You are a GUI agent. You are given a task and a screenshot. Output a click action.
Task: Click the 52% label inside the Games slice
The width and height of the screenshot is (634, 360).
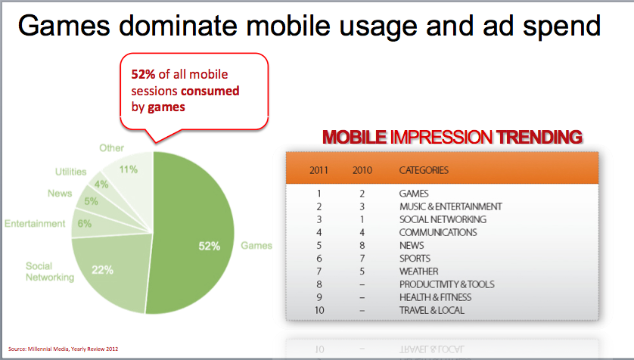pyautogui.click(x=209, y=246)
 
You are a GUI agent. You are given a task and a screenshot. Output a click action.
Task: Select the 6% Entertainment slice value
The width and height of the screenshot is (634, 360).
pyautogui.click(x=85, y=223)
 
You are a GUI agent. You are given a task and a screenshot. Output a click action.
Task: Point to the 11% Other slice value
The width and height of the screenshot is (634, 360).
pyautogui.click(x=129, y=169)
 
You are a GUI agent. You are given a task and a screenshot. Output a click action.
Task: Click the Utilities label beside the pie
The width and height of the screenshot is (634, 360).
pyautogui.click(x=71, y=172)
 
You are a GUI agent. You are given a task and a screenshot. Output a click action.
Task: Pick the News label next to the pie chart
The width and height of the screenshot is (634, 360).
pyautogui.click(x=60, y=194)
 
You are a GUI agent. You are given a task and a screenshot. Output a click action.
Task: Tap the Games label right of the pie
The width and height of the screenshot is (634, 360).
pyautogui.click(x=256, y=246)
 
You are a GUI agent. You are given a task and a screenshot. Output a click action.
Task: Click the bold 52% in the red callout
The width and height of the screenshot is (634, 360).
pyautogui.click(x=143, y=74)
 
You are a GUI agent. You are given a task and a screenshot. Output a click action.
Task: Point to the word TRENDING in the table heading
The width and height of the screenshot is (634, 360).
pyautogui.click(x=539, y=137)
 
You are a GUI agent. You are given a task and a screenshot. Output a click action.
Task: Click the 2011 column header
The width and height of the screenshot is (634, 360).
pyautogui.click(x=319, y=170)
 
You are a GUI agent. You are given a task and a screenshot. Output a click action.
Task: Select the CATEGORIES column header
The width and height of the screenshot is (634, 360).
pyautogui.click(x=424, y=170)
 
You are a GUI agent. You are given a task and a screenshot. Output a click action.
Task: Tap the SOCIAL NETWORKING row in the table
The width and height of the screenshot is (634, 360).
pyautogui.click(x=443, y=219)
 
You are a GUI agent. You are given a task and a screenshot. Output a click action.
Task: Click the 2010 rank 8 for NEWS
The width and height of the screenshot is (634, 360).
pyautogui.click(x=362, y=245)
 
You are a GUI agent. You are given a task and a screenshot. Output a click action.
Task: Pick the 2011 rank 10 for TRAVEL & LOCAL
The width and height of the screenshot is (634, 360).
pyautogui.click(x=319, y=310)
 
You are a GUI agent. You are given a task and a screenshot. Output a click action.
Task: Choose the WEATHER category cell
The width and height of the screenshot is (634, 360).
pyautogui.click(x=419, y=271)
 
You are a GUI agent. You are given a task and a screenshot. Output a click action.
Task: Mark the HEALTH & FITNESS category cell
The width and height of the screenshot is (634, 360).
pyautogui.click(x=436, y=297)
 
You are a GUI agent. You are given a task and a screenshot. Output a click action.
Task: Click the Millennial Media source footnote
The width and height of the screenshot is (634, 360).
pyautogui.click(x=63, y=349)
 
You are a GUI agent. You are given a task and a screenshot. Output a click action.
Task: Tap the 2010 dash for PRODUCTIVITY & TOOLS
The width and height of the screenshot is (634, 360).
pyautogui.click(x=362, y=285)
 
